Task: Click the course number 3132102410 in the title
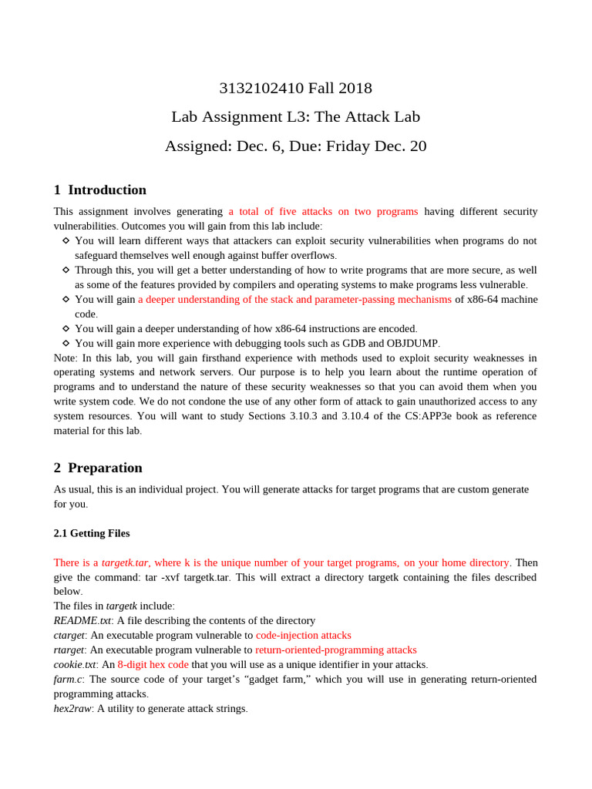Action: click(261, 89)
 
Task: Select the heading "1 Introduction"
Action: click(100, 190)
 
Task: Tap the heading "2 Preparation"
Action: click(98, 468)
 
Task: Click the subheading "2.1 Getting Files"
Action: click(92, 533)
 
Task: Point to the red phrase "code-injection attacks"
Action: click(303, 636)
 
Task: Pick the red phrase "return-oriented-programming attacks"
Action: click(335, 650)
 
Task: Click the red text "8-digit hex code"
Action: click(153, 665)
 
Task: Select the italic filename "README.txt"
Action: click(82, 621)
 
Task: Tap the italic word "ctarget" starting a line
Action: click(69, 636)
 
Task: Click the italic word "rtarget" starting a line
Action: click(69, 650)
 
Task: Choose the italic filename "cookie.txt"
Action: click(75, 665)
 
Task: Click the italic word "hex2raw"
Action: click(72, 709)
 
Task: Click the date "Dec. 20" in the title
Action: click(398, 146)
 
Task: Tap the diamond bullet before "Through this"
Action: click(66, 270)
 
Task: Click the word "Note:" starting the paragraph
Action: click(66, 358)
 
